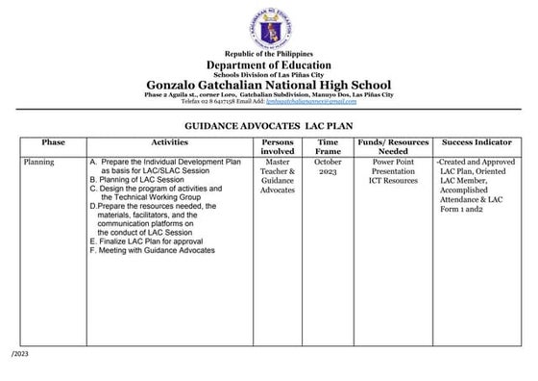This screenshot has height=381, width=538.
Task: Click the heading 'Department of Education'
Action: [x=268, y=64]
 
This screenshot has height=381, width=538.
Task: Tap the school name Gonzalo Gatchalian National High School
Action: [x=268, y=86]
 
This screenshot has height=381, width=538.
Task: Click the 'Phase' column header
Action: [x=53, y=142]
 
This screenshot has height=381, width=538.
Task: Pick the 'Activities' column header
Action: [x=168, y=142]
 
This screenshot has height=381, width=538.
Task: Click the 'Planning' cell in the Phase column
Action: [x=40, y=163]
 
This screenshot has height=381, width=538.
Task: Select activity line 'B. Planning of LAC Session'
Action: [x=137, y=180]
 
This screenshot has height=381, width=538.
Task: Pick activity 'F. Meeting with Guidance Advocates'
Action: [x=151, y=250]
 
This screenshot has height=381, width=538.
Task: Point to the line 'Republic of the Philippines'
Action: [x=268, y=54]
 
